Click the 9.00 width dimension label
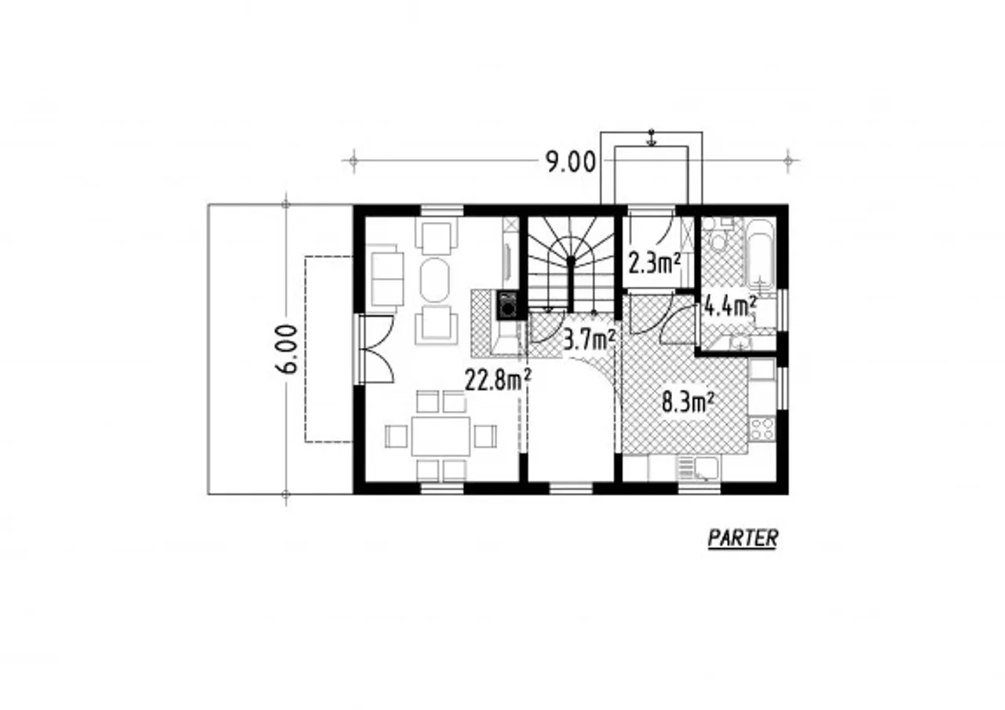[x=571, y=162]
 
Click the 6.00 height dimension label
[x=287, y=350]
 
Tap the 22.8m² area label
[x=499, y=379]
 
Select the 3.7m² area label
[x=589, y=340]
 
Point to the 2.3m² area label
[x=655, y=263]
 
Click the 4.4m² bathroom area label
[x=730, y=306]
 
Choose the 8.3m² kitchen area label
[x=688, y=403]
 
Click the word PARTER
[x=743, y=538]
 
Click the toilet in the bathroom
[x=719, y=235]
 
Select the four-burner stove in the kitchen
[x=762, y=428]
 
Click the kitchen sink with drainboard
[x=698, y=468]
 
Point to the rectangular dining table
[x=440, y=436]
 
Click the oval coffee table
[x=434, y=280]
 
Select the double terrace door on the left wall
[x=376, y=350]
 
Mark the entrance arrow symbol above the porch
[x=652, y=137]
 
